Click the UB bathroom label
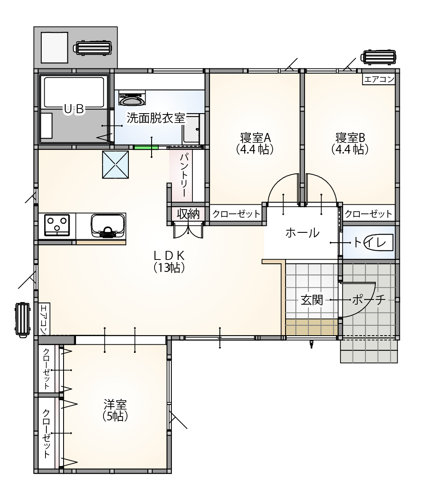coord(74,109)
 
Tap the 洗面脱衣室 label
coord(155,118)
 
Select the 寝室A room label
coord(256,138)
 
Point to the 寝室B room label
coord(350,138)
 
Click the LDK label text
coord(169,255)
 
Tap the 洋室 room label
coord(115,405)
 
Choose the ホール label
coord(302,233)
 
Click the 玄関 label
coord(312,300)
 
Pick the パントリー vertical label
coord(186,175)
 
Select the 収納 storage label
coord(188,214)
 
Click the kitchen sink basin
coord(107,226)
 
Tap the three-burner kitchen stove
coord(57,225)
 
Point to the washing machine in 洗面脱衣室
coord(132,98)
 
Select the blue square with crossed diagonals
coord(116,164)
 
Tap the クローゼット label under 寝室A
coord(236,214)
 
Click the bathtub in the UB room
coord(74,92)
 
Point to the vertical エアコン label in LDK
coord(44,319)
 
